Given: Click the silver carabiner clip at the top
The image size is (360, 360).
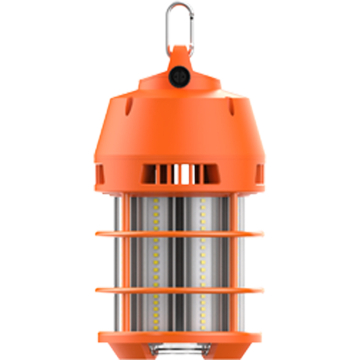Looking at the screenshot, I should point(180,23).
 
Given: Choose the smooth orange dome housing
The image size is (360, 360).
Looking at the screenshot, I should point(180,130).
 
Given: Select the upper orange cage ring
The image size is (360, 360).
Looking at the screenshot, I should point(180,237).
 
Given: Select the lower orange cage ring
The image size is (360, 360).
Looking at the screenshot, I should point(180,292).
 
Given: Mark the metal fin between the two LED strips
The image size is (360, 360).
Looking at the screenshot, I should point(181,265).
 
